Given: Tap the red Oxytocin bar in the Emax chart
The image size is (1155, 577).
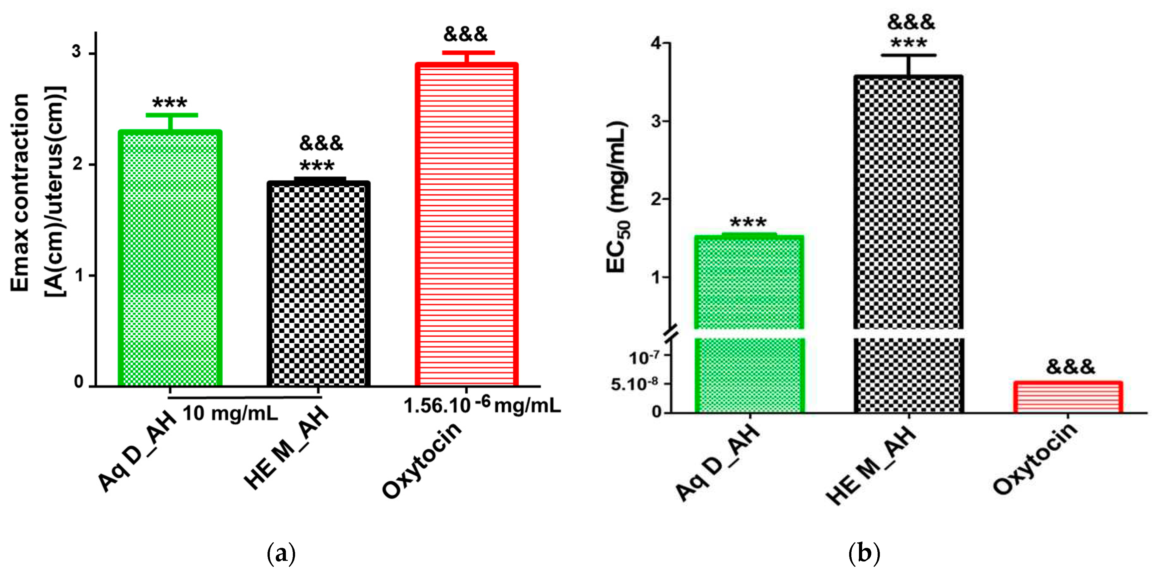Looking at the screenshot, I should point(467,224).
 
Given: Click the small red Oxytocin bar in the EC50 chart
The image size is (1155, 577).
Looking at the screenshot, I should point(1068,397).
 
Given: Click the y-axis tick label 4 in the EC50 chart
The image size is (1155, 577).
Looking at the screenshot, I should point(655,43).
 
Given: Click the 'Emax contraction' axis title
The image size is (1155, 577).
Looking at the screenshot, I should point(20,193).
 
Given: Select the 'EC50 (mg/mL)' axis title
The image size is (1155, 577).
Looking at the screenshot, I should point(617,197).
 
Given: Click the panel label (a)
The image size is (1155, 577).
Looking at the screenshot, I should point(281,554).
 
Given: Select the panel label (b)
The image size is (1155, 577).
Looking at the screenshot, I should point(864,554).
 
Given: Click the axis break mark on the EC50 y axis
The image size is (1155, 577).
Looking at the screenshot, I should point(671,333).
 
